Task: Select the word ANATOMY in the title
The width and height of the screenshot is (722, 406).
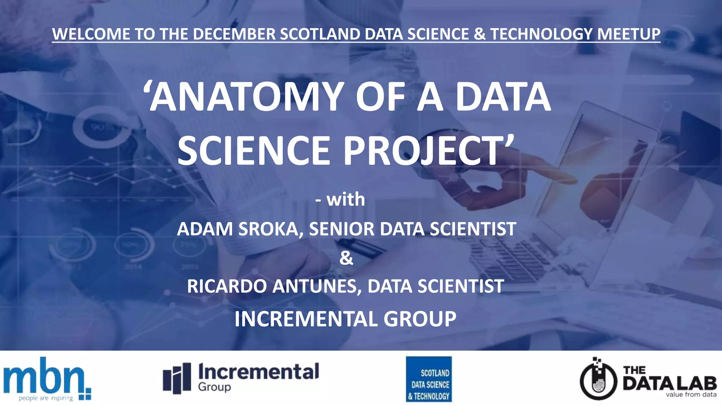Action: click(247, 97)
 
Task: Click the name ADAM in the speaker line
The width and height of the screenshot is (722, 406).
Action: click(205, 229)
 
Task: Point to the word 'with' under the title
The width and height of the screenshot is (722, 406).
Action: click(345, 199)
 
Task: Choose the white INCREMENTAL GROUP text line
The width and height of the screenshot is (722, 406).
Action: click(345, 319)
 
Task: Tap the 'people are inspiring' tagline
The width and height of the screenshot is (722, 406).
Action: click(46, 398)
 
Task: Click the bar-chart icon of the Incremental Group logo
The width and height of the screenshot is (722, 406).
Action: click(177, 378)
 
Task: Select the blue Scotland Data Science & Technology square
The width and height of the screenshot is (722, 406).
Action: click(429, 379)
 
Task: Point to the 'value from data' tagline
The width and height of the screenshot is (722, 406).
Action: click(691, 395)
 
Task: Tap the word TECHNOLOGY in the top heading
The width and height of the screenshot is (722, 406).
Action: click(541, 34)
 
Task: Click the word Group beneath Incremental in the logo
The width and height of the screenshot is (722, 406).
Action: click(214, 387)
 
